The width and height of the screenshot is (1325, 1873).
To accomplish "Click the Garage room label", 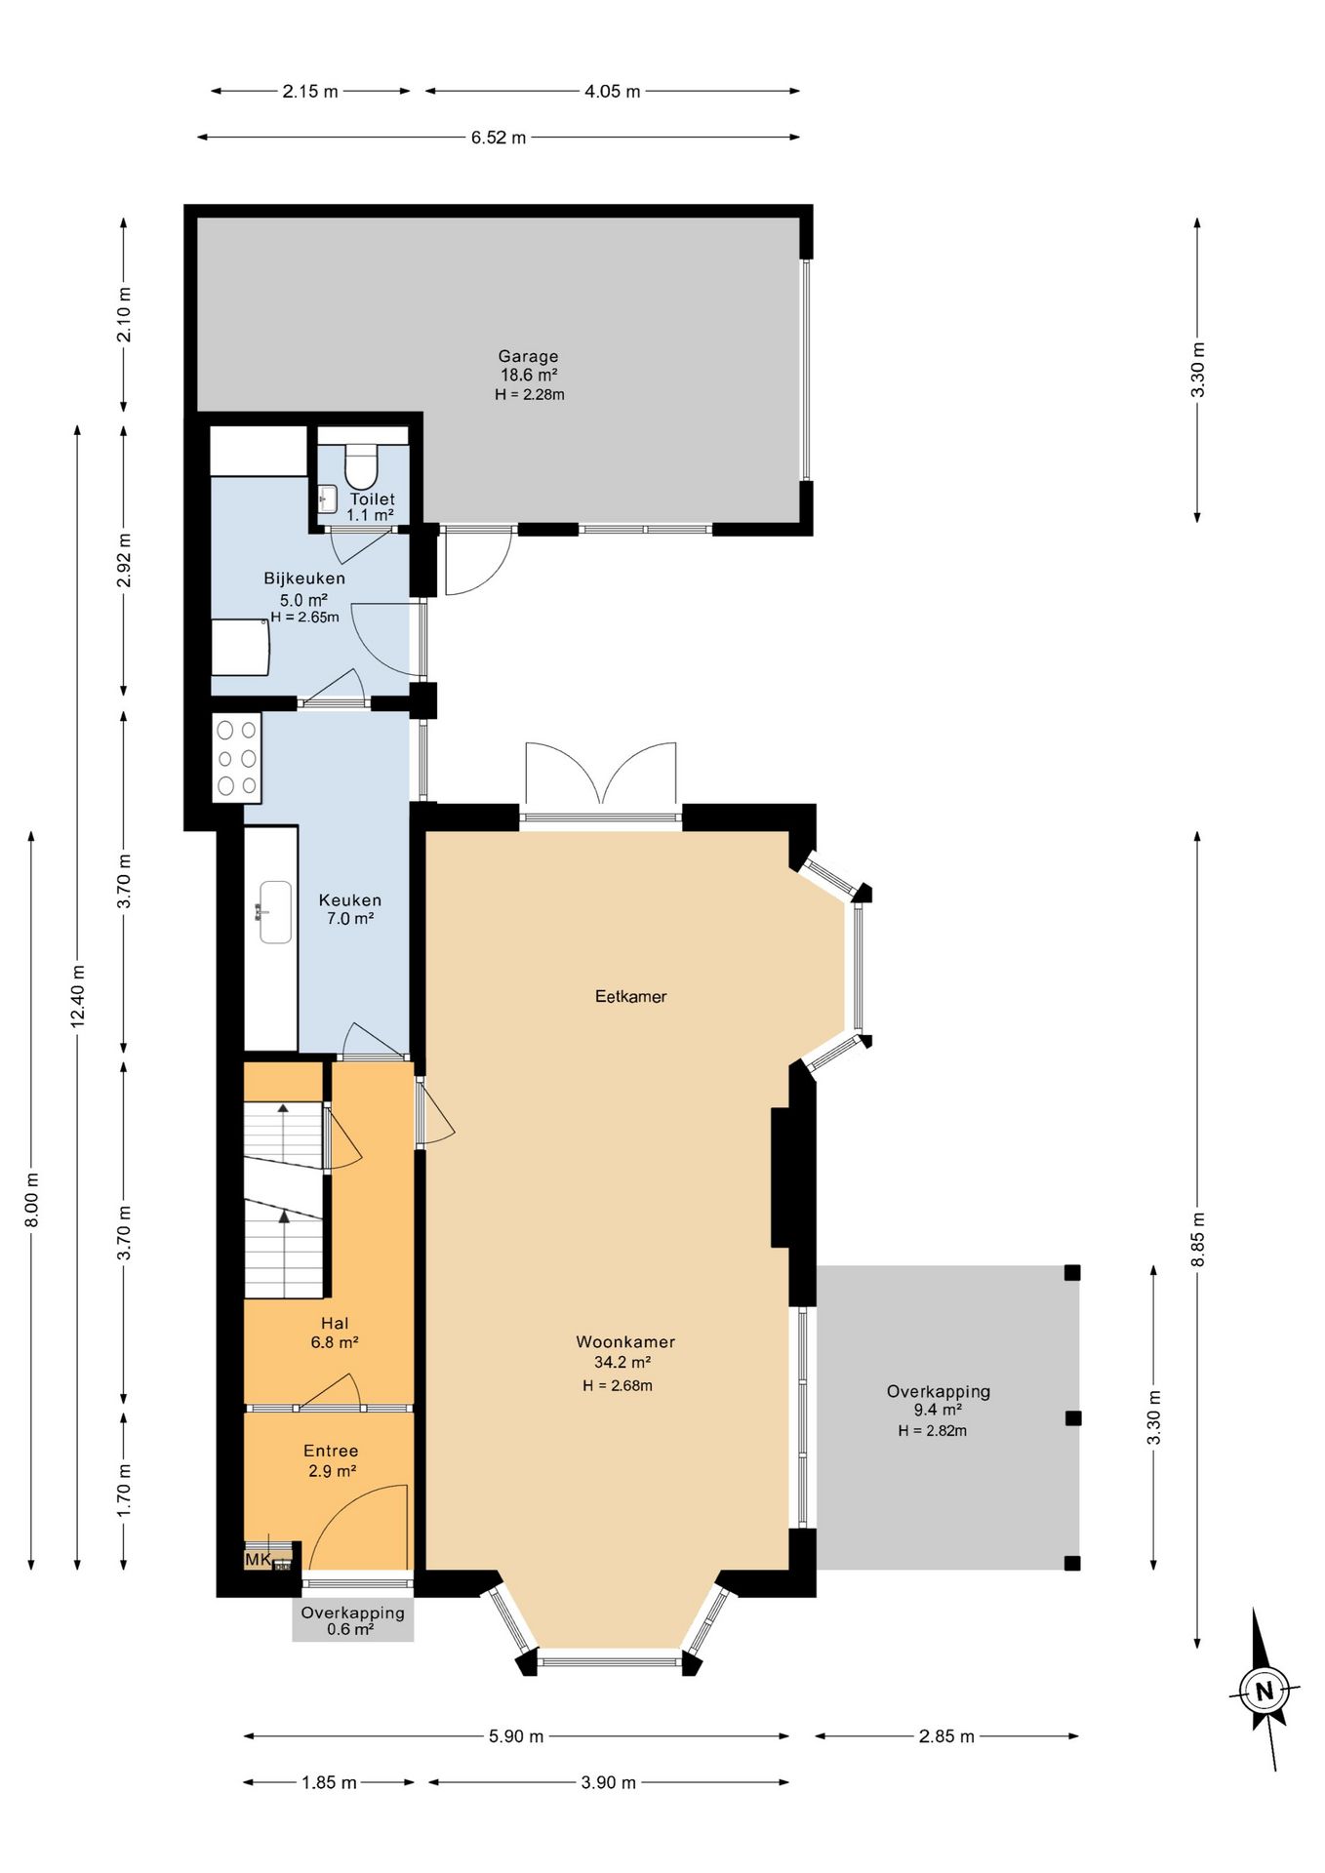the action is (x=528, y=357).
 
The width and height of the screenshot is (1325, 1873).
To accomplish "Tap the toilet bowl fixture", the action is (x=362, y=466).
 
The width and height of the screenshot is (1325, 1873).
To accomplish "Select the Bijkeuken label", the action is (x=304, y=578).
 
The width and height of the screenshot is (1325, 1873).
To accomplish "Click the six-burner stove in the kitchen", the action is (x=237, y=757).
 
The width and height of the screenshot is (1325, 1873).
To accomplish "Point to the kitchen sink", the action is (x=275, y=912).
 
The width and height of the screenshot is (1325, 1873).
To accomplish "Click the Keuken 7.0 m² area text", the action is (x=350, y=919).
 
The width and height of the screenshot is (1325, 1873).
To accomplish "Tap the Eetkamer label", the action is (x=631, y=996).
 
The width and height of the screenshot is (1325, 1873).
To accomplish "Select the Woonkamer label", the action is (x=625, y=1342).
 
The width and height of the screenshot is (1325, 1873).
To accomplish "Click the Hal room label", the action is (x=335, y=1324).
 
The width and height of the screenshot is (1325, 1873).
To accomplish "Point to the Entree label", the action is (x=331, y=1452).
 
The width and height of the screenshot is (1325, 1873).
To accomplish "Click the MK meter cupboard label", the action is (x=258, y=1560).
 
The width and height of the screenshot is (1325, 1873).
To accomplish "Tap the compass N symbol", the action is (x=1265, y=1691).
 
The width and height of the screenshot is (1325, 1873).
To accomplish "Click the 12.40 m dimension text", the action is (x=78, y=996).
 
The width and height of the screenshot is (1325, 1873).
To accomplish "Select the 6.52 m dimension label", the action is (x=499, y=138).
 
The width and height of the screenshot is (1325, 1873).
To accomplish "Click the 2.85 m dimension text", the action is (x=946, y=1736).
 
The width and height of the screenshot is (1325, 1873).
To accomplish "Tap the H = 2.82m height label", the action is (x=933, y=1431).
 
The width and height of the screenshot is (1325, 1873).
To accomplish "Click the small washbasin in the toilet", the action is (x=328, y=498).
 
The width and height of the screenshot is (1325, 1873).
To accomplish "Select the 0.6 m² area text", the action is (x=350, y=1629).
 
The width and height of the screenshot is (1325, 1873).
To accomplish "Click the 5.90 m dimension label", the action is (x=516, y=1736).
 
